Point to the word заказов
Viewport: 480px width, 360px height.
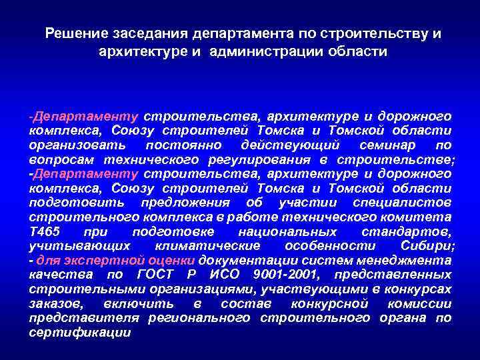(x=51, y=303)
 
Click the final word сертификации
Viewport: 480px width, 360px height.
(x=79, y=332)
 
